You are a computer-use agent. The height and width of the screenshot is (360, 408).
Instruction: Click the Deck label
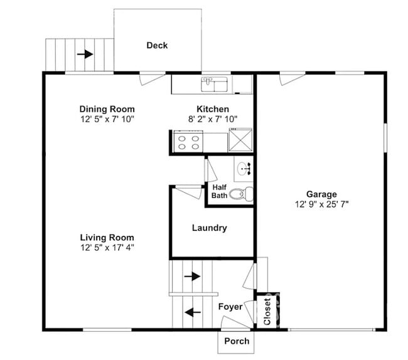157,45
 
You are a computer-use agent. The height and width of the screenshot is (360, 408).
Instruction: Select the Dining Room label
107,109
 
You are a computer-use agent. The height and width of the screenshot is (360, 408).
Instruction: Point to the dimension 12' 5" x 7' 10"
107,119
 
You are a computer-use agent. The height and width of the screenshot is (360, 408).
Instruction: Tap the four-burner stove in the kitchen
189,142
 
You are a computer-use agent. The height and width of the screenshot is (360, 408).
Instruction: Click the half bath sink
244,168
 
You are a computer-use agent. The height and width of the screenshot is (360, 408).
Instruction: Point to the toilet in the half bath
239,193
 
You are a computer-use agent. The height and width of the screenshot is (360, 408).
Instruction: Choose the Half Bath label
219,191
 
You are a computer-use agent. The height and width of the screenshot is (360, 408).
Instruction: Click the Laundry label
209,228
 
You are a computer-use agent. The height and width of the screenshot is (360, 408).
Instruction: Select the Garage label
321,194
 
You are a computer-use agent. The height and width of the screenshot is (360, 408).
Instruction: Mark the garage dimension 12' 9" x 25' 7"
321,204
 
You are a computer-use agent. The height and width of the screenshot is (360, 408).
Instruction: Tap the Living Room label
107,237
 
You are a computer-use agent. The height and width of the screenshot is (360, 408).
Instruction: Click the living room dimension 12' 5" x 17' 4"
107,246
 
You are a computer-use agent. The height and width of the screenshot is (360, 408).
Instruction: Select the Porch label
237,342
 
